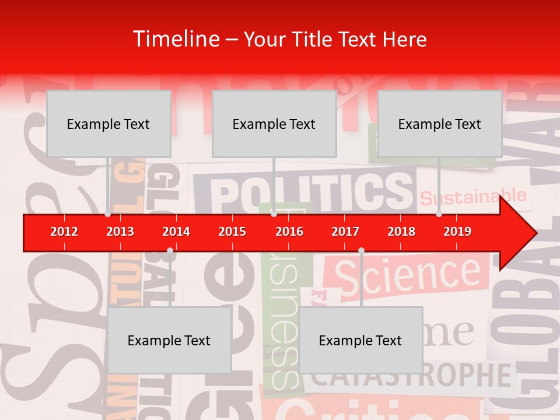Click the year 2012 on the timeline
click(64, 232)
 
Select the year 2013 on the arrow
click(120, 232)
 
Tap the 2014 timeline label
click(176, 232)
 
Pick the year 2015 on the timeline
click(232, 232)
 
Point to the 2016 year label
click(289, 232)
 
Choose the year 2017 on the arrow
click(345, 232)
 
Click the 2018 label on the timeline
click(401, 232)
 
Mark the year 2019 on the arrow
click(457, 232)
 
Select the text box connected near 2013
click(108, 124)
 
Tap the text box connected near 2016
click(274, 124)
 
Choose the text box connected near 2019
click(440, 124)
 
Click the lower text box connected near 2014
click(169, 340)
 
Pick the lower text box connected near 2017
click(360, 340)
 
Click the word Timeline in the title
click(175, 39)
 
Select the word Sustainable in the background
click(473, 197)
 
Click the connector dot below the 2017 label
click(361, 250)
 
